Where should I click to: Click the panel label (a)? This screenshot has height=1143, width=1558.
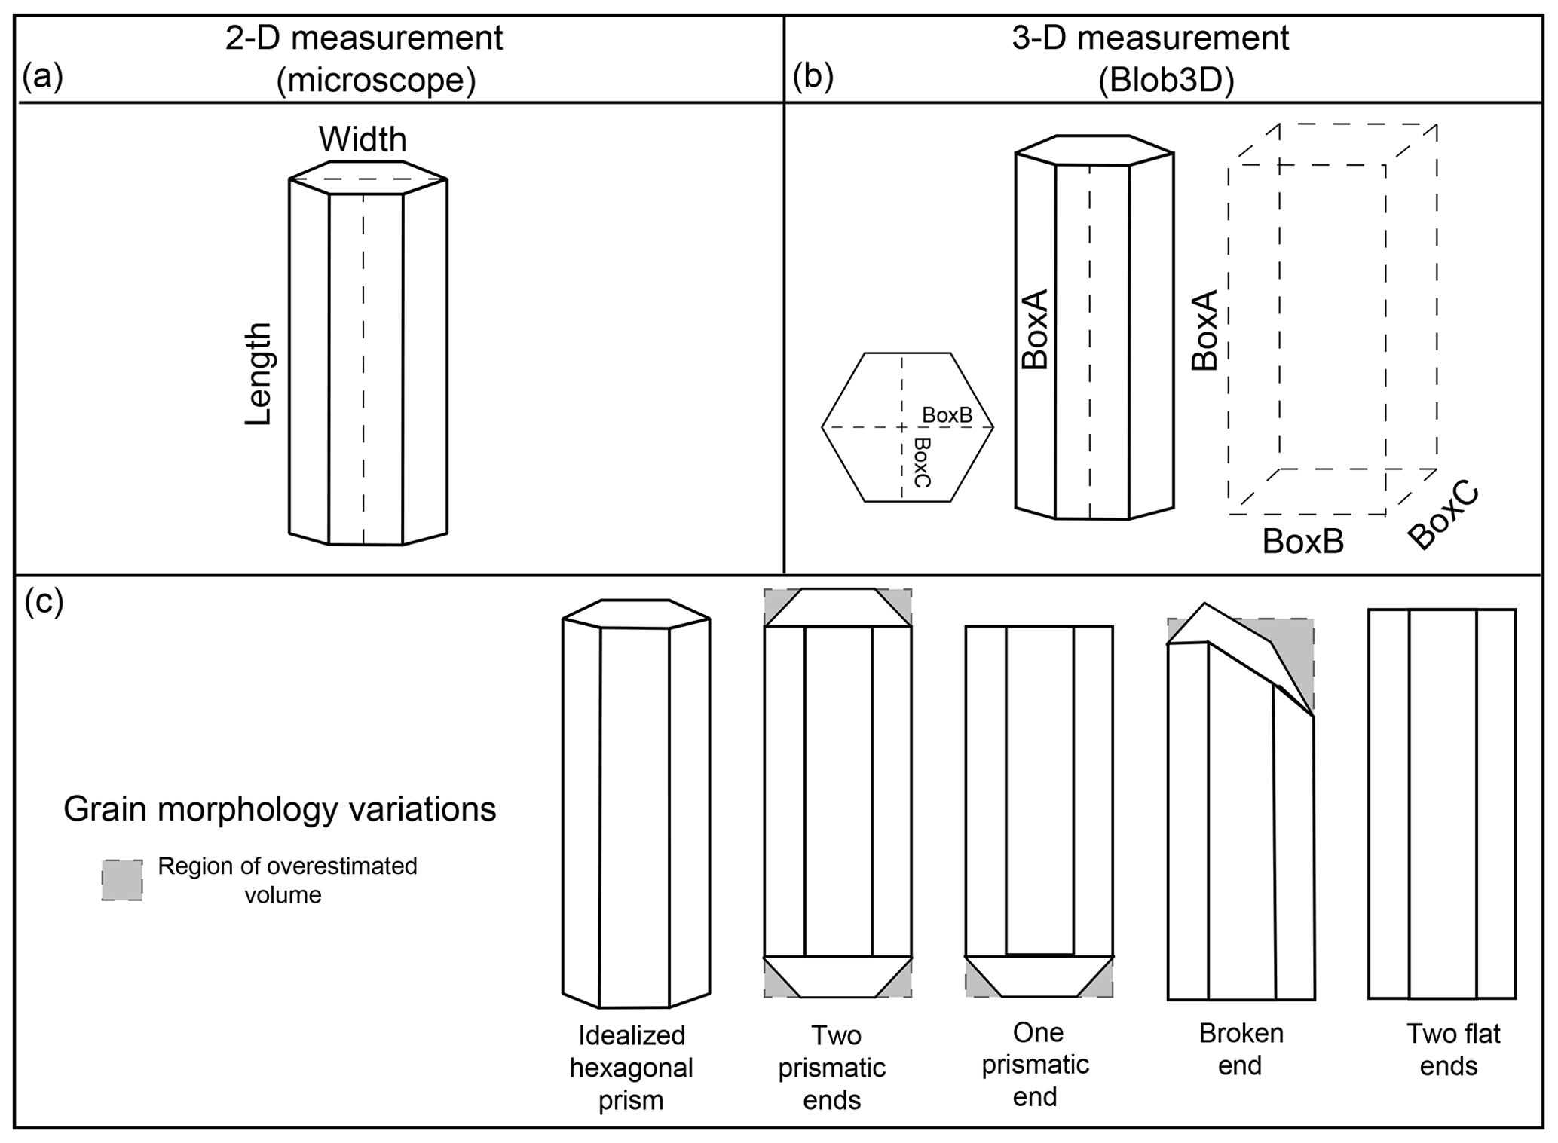(42, 77)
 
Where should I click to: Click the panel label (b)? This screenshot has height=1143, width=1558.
(813, 77)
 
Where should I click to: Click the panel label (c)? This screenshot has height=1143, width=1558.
(44, 603)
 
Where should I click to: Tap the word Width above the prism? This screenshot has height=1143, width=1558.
(363, 139)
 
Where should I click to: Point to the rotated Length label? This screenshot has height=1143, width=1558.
(259, 374)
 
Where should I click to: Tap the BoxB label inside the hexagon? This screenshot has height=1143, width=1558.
(947, 415)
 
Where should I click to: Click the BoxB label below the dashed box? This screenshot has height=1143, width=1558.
(1302, 541)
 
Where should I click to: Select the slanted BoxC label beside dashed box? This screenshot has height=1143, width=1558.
(1443, 518)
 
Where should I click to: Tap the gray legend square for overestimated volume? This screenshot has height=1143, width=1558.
(122, 880)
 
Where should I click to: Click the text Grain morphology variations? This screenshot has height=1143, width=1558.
(280, 809)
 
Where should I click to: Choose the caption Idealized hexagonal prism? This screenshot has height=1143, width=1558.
(631, 1067)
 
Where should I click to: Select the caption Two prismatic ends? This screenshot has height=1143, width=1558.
(832, 1067)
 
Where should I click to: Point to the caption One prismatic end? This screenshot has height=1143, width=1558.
(1036, 1064)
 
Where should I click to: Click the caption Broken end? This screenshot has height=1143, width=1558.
(1241, 1049)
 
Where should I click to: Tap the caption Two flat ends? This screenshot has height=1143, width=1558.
(1452, 1050)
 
